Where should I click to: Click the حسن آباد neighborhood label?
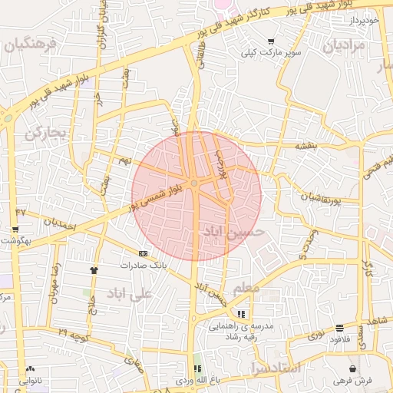click(x=233, y=230)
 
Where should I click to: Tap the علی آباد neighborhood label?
click(x=127, y=293)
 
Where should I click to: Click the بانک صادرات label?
click(x=143, y=265)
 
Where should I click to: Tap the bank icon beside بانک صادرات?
click(x=143, y=253)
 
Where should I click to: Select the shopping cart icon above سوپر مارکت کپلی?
click(x=271, y=41)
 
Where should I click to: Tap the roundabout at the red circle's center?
click(x=195, y=183)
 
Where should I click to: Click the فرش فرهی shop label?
click(x=352, y=381)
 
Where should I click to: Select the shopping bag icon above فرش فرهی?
click(x=352, y=369)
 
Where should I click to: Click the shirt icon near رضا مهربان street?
click(x=94, y=270)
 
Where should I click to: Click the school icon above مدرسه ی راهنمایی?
click(x=242, y=314)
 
